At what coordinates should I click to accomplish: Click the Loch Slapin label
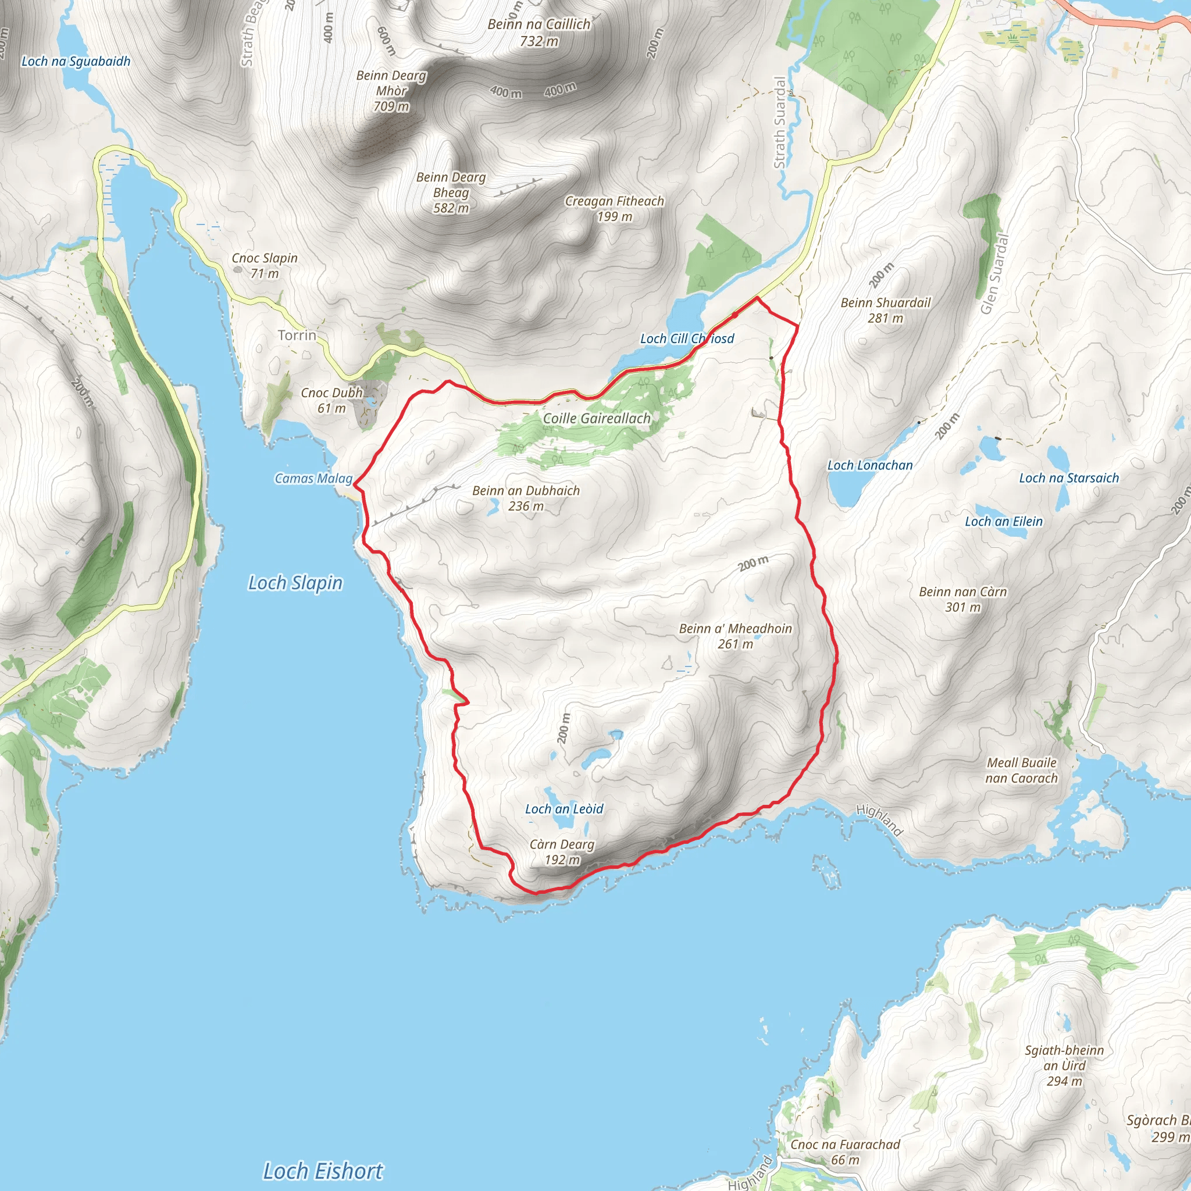coord(295,583)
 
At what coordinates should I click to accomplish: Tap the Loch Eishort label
coord(323,1171)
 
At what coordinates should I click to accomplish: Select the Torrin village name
coord(297,336)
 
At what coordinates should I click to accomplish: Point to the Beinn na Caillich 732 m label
coord(539,33)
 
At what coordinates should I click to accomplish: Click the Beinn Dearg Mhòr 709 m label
coord(391,91)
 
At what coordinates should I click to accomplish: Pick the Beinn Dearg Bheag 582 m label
coord(451,192)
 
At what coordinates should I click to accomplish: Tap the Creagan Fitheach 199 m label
coord(615,208)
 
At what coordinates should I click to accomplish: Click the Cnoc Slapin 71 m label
coord(265,266)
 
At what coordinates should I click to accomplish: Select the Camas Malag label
coord(314,479)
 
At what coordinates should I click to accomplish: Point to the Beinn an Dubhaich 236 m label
coord(526,498)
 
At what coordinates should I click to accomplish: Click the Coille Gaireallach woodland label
coord(597,419)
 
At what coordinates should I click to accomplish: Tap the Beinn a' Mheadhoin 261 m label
coord(736,636)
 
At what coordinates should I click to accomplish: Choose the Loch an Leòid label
coord(564,810)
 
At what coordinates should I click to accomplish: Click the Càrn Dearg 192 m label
coord(562,852)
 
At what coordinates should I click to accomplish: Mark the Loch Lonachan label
coord(870,465)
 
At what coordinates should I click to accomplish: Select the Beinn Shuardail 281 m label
coord(886,310)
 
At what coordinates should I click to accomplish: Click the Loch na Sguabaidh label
coord(76,61)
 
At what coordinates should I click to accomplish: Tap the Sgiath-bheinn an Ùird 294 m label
coord(1065,1065)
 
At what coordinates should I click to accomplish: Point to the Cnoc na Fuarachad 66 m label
coord(845,1152)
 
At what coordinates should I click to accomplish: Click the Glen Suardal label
coord(995,274)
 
